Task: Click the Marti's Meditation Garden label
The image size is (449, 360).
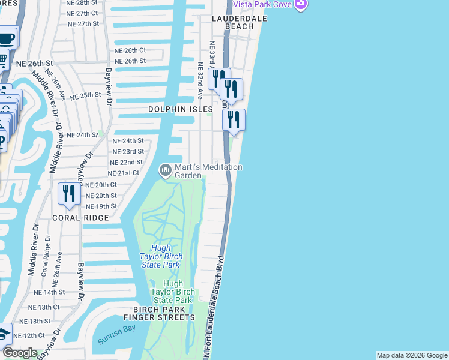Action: [208, 171]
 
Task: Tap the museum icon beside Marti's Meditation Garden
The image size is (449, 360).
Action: [165, 171]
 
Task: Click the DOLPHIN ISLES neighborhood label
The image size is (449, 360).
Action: [181, 110]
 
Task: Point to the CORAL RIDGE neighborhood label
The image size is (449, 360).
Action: [81, 218]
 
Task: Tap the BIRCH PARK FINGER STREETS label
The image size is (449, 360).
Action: [160, 313]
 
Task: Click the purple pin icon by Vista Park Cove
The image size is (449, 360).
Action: [301, 5]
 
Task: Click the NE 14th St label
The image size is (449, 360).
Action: [49, 292]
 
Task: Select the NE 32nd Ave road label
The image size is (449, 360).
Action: [200, 82]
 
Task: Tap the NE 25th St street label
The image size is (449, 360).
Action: [86, 95]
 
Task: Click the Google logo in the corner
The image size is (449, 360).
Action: [19, 353]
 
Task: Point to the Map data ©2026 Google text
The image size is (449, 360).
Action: [412, 355]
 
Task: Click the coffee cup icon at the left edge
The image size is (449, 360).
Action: [6, 39]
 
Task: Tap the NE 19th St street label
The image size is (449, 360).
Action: [101, 206]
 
